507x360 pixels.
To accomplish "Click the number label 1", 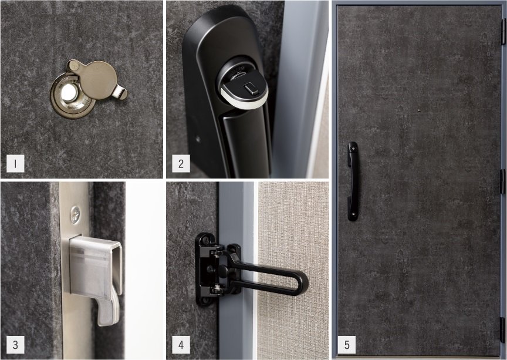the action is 15,163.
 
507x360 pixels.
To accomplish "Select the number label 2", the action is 181,163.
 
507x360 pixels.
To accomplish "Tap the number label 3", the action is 15,345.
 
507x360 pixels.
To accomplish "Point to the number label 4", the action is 181,345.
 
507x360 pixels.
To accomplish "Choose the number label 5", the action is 347,345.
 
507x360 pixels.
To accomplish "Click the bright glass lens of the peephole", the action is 69,93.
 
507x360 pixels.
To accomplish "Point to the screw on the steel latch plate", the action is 75,214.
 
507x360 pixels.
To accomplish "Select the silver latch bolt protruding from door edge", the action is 96,275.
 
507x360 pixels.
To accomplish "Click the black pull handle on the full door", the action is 353,181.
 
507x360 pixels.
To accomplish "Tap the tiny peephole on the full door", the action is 419,110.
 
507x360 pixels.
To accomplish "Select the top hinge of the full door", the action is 503,31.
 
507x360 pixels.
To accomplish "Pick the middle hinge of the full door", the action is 503,181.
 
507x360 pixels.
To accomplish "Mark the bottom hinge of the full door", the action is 503,329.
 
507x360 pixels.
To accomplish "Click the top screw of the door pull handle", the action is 353,149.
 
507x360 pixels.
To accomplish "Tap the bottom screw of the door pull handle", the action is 353,214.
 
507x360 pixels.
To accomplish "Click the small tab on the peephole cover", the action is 120,92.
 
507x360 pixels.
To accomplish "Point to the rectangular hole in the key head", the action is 249,88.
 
